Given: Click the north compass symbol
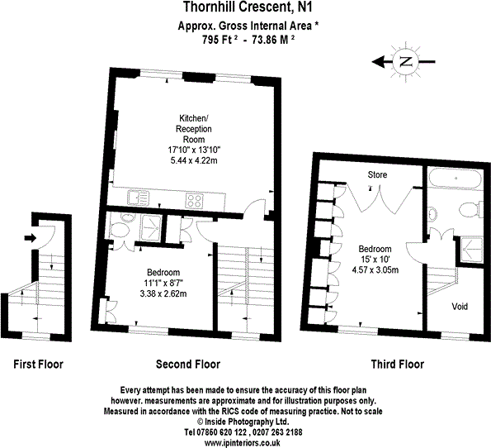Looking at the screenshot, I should click(404, 61).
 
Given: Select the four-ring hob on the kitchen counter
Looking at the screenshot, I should click(195, 198).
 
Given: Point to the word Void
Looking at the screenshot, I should click(459, 307).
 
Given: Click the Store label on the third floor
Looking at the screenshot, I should click(377, 175).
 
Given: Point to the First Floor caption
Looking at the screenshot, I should click(38, 364).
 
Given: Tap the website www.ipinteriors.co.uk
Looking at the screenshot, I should click(245, 442).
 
